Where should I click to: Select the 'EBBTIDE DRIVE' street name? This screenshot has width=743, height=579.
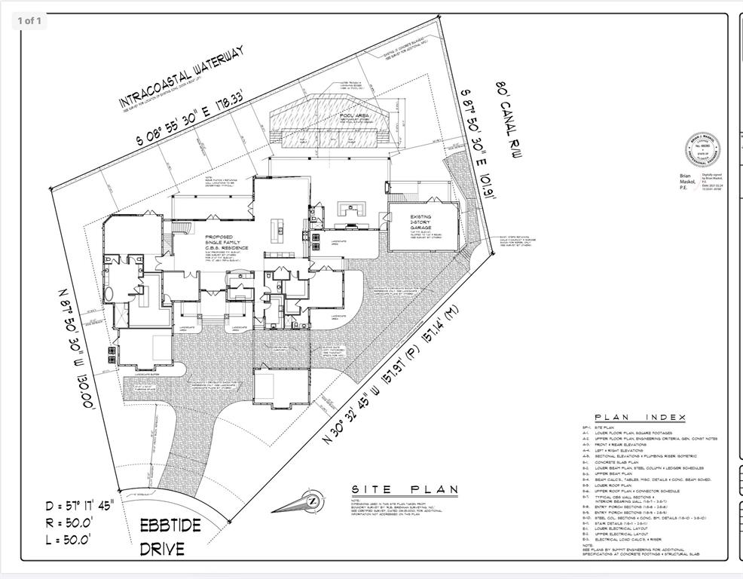coord(170,535)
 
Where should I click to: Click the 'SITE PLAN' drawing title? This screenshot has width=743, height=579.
coord(405,489)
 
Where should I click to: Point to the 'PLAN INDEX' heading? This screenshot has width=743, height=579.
coord(640,417)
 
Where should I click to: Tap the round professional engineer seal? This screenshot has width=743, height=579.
coord(702,151)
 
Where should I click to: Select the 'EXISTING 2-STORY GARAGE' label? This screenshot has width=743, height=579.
coord(421,225)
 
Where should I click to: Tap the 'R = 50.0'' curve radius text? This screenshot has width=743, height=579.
coord(69,521)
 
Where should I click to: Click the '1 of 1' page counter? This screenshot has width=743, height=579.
coord(29,20)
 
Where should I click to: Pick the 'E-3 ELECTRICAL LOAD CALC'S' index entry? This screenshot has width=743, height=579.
coord(633,539)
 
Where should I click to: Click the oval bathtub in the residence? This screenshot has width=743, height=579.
coord(110,293)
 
